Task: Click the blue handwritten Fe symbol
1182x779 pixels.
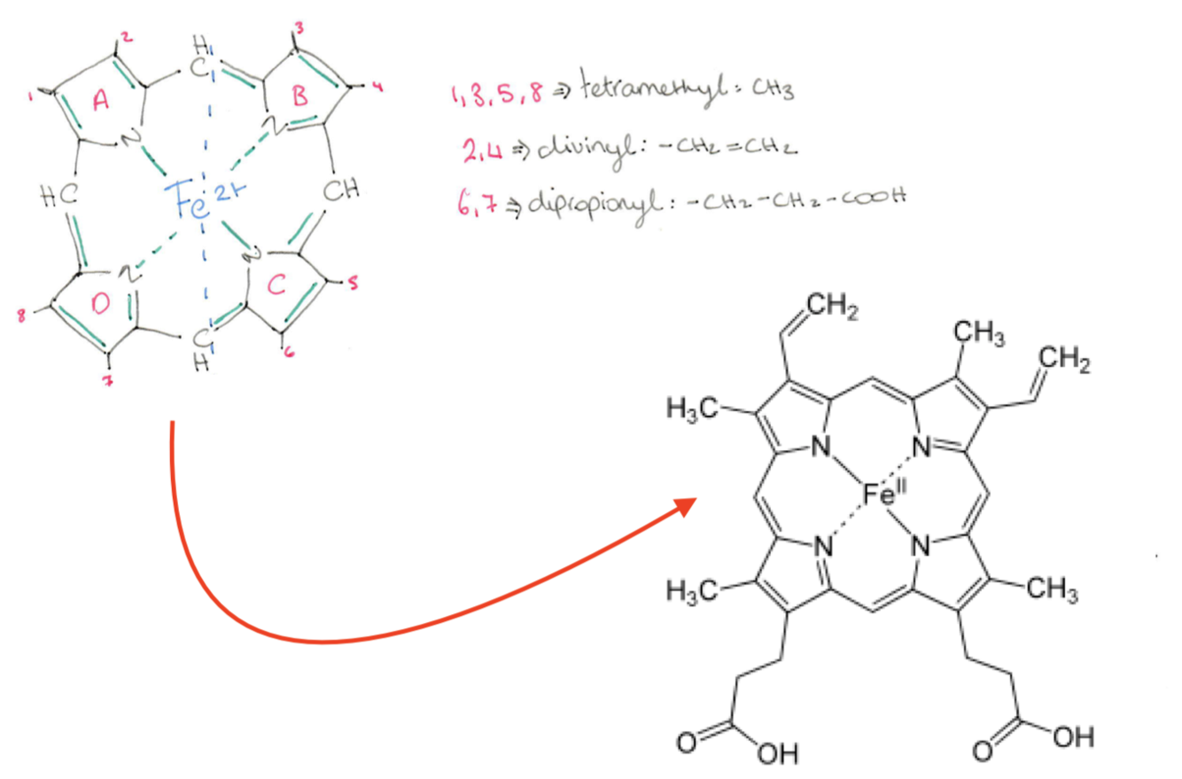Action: (191, 208)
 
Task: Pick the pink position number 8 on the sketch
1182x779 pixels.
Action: (22, 315)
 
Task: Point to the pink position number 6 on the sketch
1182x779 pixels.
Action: (290, 353)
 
